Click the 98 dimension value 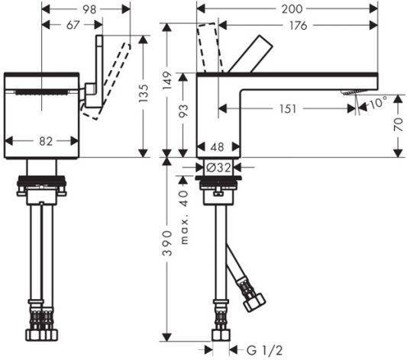pyautogui.click(x=89, y=10)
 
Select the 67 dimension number pyautogui.click(x=73, y=25)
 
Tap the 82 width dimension pyautogui.click(x=46, y=141)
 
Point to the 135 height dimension pyautogui.click(x=144, y=93)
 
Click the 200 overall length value pyautogui.click(x=292, y=9)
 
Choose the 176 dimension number pyautogui.click(x=299, y=25)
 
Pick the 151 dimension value pyautogui.click(x=288, y=109)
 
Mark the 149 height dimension pyautogui.click(x=167, y=80)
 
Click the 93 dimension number pyautogui.click(x=183, y=111)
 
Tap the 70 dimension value pyautogui.click(x=399, y=124)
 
